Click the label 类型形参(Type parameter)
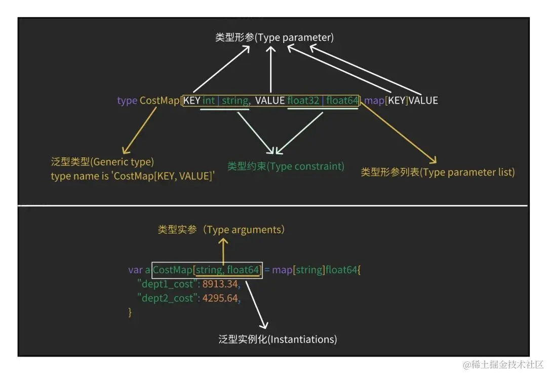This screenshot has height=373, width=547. tap(275, 37)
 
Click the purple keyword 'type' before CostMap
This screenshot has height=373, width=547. tap(127, 100)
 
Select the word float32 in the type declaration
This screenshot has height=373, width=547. tap(303, 100)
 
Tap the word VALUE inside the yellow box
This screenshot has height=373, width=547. tap(270, 100)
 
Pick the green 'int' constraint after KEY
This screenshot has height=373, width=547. tap(209, 100)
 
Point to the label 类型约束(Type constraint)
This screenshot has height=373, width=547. tap(286, 167)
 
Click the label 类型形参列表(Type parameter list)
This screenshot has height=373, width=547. tap(438, 172)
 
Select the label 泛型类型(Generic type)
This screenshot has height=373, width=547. tap(102, 162)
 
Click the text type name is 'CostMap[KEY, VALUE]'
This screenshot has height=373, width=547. tap(133, 176)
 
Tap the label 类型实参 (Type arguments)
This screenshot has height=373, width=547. tap(221, 230)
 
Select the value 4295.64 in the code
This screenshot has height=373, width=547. tap(220, 298)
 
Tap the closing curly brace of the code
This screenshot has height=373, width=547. tap(130, 312)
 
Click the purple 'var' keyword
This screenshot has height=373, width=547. tap(135, 270)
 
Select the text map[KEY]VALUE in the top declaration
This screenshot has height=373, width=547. tap(401, 100)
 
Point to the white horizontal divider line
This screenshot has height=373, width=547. tap(273, 205)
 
